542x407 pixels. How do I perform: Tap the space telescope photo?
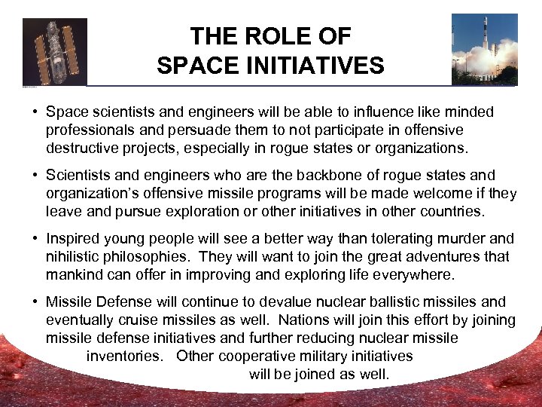(x=55, y=51)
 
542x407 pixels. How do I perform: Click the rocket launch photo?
(x=484, y=49)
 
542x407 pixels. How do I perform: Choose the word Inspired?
(x=75, y=239)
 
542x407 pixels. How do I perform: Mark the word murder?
(x=462, y=239)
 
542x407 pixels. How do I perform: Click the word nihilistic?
(x=76, y=256)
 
